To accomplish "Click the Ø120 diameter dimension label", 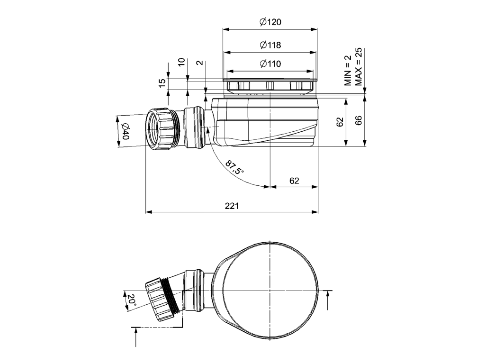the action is (x=270, y=22).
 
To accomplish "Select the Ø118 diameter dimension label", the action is (x=270, y=45).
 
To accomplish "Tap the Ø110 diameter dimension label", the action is (x=270, y=64).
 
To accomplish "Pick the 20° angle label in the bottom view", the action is (x=130, y=300).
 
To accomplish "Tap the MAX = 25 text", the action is (x=359, y=67).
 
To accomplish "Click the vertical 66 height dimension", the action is (x=359, y=121).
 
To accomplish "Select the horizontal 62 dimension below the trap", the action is (x=294, y=180).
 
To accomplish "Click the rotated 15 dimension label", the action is (x=162, y=82).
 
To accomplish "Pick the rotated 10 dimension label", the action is (x=181, y=63).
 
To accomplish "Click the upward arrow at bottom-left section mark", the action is (x=136, y=337).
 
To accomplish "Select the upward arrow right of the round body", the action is (x=327, y=300).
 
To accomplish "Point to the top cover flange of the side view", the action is (x=270, y=80).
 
